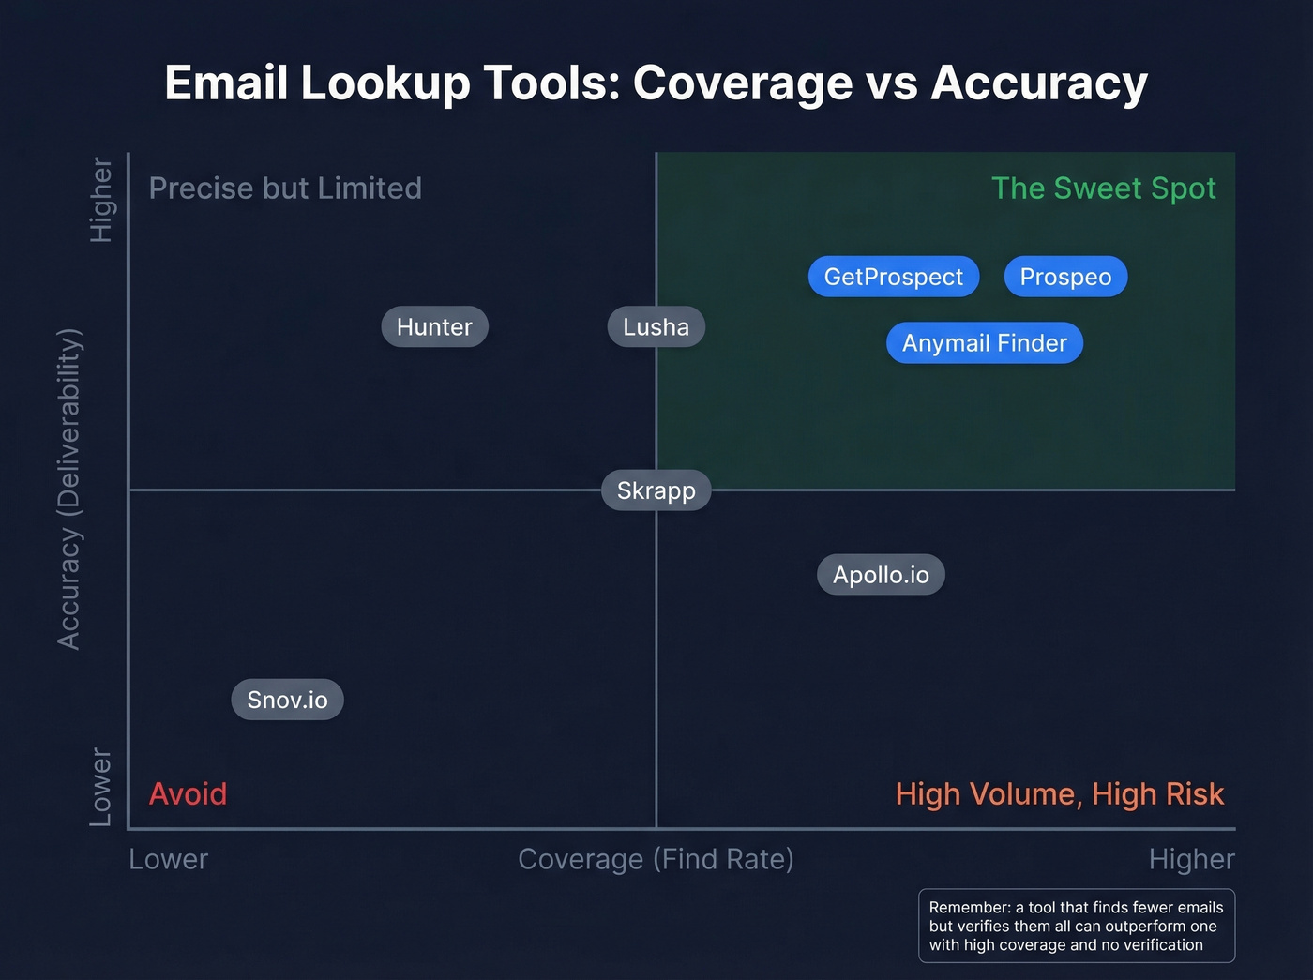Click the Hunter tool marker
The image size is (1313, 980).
pyautogui.click(x=434, y=327)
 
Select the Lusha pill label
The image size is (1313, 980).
pyautogui.click(x=656, y=327)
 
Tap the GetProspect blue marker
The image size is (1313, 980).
pyautogui.click(x=893, y=277)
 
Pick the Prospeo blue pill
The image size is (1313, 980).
pyautogui.click(x=1065, y=277)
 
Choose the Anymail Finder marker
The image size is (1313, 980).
pyautogui.click(x=984, y=343)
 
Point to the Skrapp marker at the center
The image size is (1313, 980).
pyautogui.click(x=656, y=490)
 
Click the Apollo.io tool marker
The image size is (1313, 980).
pyautogui.click(x=881, y=575)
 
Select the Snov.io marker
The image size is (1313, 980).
pyautogui.click(x=287, y=700)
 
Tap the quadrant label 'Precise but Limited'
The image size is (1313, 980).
pyautogui.click(x=285, y=188)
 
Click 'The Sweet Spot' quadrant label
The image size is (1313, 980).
pyautogui.click(x=1103, y=188)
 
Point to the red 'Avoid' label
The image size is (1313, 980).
pyautogui.click(x=188, y=794)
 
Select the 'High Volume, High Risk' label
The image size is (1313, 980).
pyautogui.click(x=1059, y=794)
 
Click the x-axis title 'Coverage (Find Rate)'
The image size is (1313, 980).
pyautogui.click(x=656, y=859)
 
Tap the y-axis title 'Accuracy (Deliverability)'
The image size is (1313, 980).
pyautogui.click(x=69, y=489)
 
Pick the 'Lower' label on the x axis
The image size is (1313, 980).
pyautogui.click(x=169, y=859)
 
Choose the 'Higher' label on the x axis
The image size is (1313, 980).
pyautogui.click(x=1191, y=859)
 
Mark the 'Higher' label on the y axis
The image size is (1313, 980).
pyautogui.click(x=100, y=200)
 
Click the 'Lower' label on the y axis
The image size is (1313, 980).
pyautogui.click(x=100, y=788)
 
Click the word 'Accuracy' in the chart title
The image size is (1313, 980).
pyautogui.click(x=1038, y=83)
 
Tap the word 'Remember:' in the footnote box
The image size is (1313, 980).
pyautogui.click(x=969, y=908)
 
